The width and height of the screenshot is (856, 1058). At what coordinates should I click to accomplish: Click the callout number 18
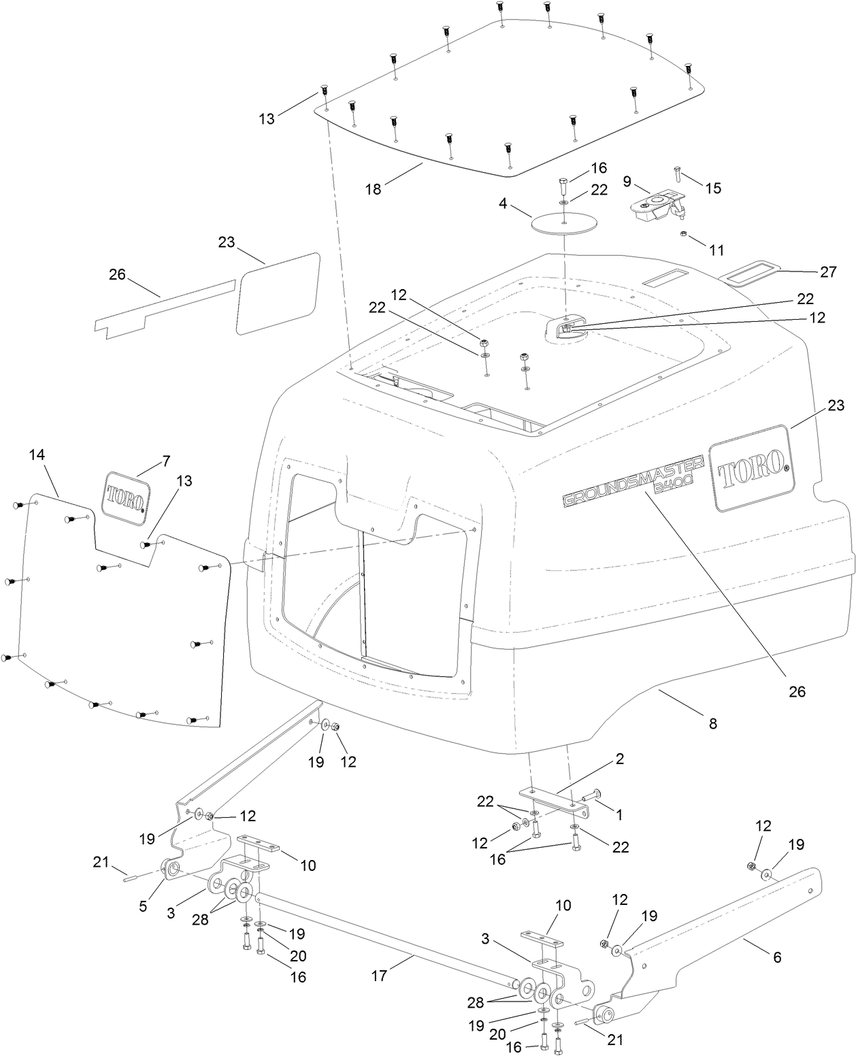click(x=372, y=188)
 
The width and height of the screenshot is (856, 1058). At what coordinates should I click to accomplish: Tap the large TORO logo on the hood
click(x=750, y=467)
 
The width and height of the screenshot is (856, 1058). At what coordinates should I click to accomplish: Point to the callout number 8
click(x=712, y=724)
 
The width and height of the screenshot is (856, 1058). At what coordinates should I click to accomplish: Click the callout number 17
click(x=379, y=976)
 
